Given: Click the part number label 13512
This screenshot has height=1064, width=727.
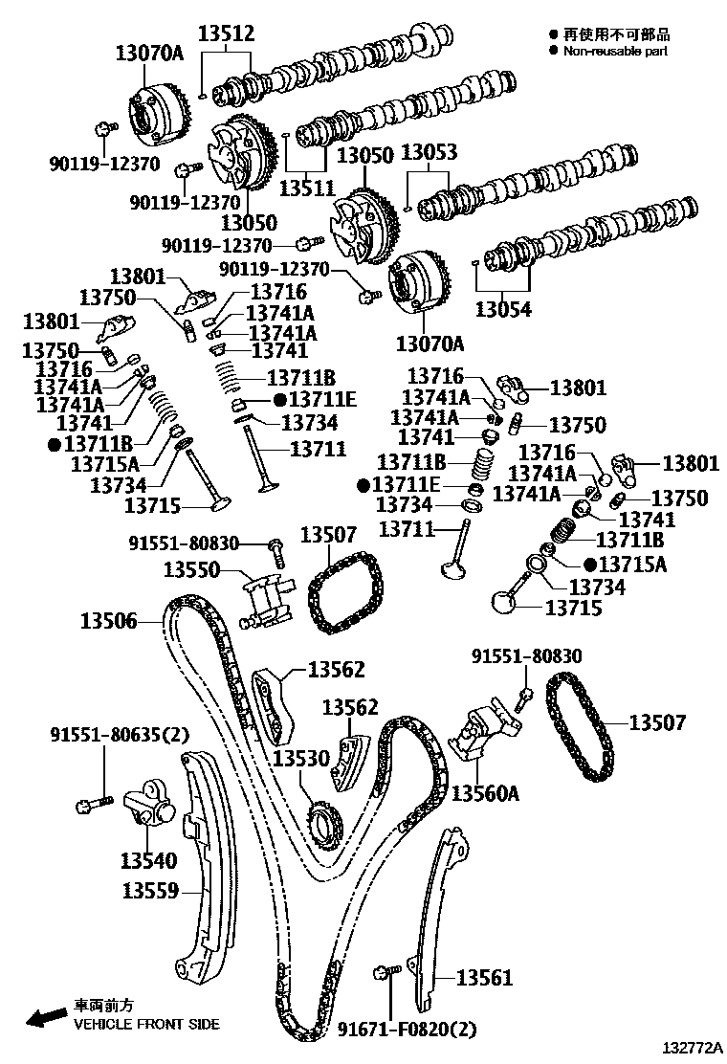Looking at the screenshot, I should (226, 34).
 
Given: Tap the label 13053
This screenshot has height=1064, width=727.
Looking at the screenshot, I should (428, 153).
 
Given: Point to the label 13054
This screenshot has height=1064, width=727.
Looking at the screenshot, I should (504, 310).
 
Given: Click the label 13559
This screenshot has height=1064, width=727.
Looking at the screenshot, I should (150, 892).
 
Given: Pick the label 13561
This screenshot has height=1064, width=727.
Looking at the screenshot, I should (484, 978).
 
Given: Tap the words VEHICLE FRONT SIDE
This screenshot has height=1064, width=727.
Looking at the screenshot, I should (146, 1024).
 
